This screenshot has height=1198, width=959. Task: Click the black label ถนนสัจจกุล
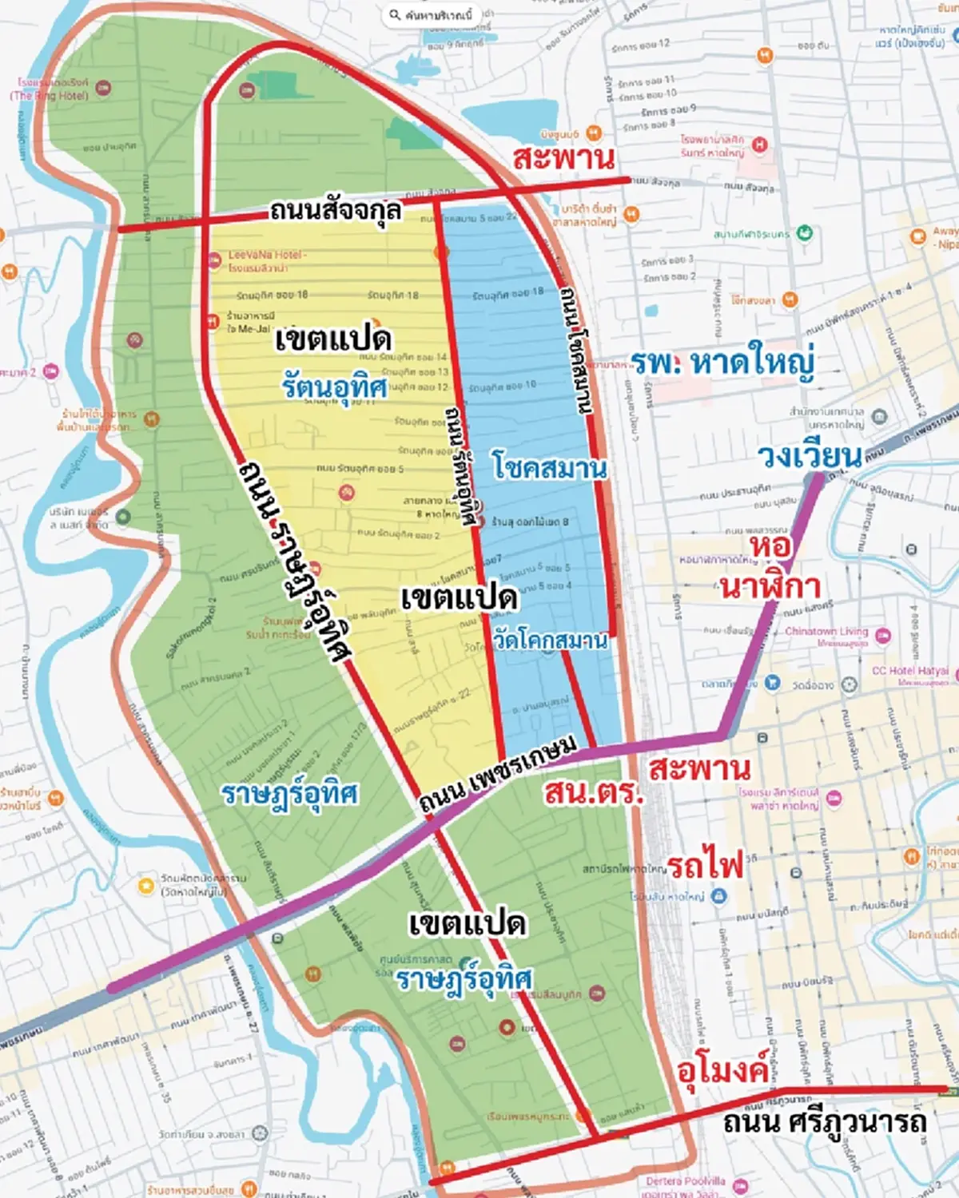click(336, 212)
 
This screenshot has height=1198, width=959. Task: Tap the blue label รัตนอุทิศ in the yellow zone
click(334, 387)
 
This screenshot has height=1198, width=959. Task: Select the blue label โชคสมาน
click(549, 466)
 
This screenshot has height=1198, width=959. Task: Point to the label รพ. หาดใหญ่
click(723, 363)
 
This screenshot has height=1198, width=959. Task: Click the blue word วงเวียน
click(810, 456)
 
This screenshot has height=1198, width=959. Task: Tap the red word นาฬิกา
click(770, 587)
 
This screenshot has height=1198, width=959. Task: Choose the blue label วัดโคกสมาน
click(550, 640)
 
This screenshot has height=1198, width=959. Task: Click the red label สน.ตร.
click(592, 792)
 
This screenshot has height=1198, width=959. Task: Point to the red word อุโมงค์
click(722, 1070)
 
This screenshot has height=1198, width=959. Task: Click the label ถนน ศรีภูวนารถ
click(825, 1122)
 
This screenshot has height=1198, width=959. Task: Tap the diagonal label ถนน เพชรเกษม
click(497, 774)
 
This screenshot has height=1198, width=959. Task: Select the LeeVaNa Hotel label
click(266, 255)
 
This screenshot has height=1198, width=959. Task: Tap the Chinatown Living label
click(826, 631)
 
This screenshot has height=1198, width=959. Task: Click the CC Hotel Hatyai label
click(909, 671)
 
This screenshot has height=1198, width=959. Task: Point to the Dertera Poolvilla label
click(686, 1180)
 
